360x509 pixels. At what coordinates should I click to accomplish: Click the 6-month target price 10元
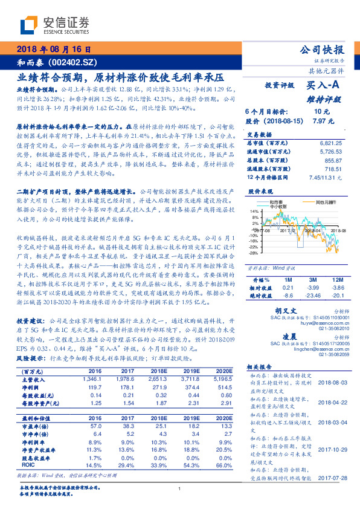point(322,112)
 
